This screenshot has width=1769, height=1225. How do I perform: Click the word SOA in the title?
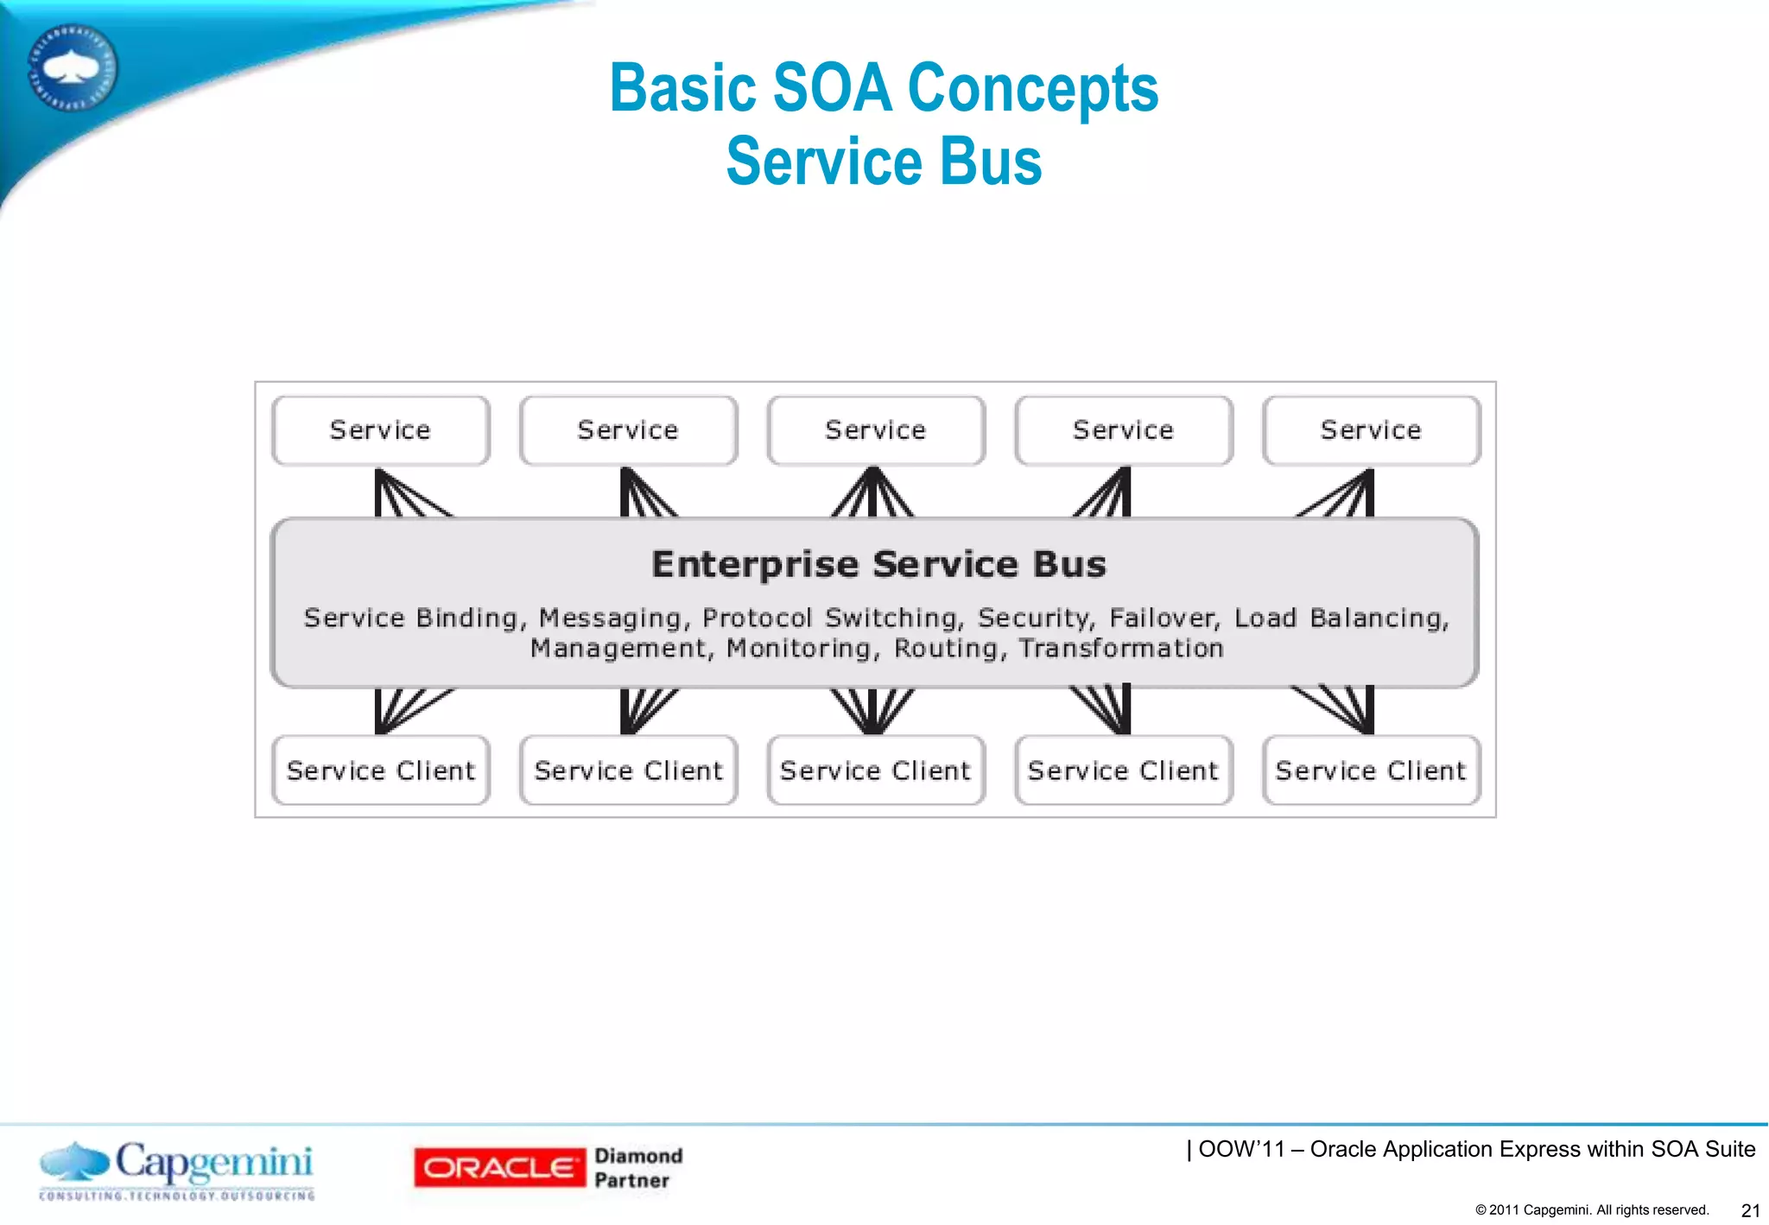(831, 88)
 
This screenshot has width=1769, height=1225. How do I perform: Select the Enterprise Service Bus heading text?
(878, 564)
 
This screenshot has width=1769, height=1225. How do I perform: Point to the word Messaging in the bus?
(610, 618)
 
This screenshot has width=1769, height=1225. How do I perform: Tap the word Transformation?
(1120, 648)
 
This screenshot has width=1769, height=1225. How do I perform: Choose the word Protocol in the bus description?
(757, 618)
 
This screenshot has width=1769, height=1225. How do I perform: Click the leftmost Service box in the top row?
(380, 430)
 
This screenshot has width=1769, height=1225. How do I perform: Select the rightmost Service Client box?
(1371, 770)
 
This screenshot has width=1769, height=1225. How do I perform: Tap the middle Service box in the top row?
(875, 430)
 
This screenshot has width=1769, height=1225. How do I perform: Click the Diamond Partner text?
(637, 1168)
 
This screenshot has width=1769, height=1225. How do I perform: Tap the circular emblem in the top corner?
(73, 67)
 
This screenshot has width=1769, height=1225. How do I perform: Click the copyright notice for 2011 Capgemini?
(1592, 1209)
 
